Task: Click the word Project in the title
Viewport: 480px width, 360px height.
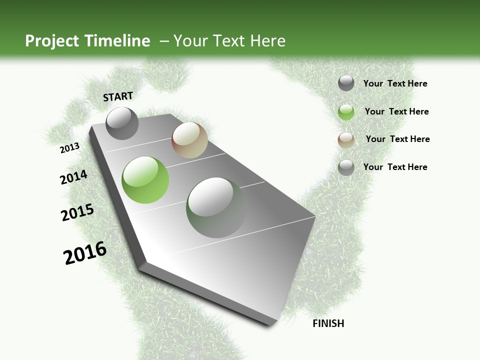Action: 51,41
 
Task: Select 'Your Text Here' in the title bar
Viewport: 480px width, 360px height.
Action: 229,41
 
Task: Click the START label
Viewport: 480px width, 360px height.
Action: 118,96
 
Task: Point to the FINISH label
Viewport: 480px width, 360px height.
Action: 328,323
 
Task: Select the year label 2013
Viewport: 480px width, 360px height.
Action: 70,148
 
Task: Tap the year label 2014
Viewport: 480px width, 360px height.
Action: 74,177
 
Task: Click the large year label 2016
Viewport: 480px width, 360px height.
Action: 85,253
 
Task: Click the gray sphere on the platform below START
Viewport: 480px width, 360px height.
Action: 122,123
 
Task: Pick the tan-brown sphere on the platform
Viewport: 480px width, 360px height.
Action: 189,140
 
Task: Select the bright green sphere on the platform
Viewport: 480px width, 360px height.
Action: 145,180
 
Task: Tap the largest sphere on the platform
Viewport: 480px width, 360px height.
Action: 216,207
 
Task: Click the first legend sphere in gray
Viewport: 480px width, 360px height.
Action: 346,83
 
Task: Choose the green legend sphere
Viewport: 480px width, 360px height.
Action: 346,111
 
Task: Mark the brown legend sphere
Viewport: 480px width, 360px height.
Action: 346,139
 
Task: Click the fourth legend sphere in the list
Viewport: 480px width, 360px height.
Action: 346,167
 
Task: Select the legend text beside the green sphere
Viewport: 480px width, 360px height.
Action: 396,111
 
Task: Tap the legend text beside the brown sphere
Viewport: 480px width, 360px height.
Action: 397,139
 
